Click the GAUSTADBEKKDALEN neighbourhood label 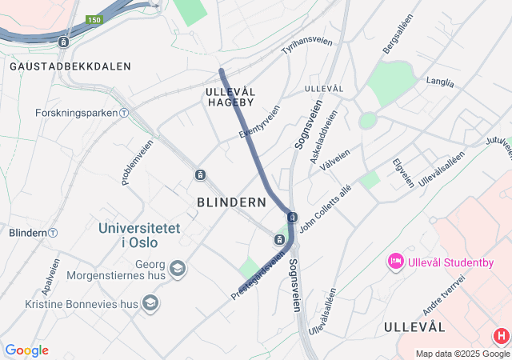[x=70, y=66]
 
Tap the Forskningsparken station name [x=77, y=113]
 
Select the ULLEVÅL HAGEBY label [x=230, y=97]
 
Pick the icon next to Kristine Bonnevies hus [x=150, y=303]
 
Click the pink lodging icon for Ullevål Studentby [x=394, y=261]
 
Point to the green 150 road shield [x=94, y=20]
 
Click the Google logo [x=26, y=350]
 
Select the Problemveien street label [x=138, y=162]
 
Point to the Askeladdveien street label [x=323, y=133]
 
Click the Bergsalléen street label [x=398, y=34]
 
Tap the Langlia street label [x=440, y=82]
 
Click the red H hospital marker [x=502, y=336]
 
